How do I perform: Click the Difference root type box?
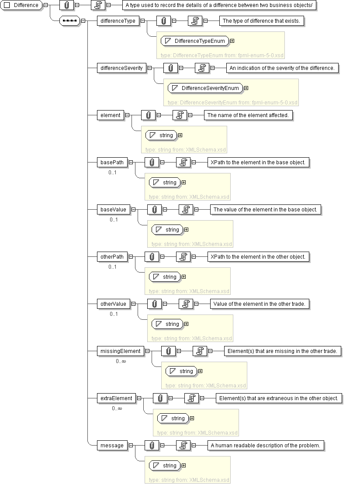pos(21,5)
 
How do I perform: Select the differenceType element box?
pos(118,21)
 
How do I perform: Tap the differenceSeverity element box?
pos(121,68)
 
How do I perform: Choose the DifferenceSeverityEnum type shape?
pos(205,88)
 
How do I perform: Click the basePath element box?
pos(112,162)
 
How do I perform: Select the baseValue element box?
pos(113,210)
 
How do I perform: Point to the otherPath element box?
pos(112,257)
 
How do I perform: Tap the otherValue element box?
pos(113,304)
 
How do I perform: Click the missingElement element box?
pos(121,352)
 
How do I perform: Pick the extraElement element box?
pos(116,399)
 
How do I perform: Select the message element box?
pos(112,446)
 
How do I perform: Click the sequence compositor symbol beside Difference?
pos(70,21)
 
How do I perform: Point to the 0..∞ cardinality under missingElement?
pos(121,361)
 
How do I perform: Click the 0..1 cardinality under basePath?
pos(112,173)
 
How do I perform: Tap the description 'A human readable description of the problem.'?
pos(266,446)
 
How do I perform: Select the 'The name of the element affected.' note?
pos(248,115)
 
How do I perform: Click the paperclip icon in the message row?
pos(152,446)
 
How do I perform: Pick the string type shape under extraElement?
pos(173,418)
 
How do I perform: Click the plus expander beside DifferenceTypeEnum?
pos(232,41)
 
